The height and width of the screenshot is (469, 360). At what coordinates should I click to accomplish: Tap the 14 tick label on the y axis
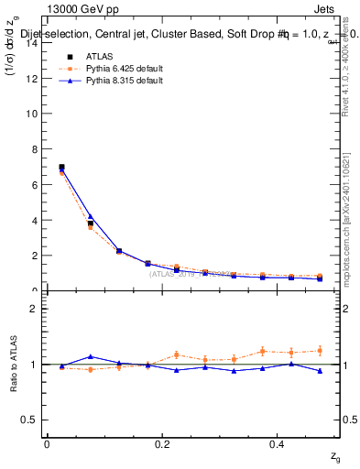coord(31,43)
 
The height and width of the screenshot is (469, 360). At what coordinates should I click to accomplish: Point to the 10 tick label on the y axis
coord(31,115)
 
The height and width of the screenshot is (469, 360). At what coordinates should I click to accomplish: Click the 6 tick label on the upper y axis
coord(34,185)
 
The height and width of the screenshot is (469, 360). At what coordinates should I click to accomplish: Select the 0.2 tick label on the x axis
coord(162,444)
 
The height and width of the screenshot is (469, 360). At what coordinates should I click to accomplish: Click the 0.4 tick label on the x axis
coord(278,444)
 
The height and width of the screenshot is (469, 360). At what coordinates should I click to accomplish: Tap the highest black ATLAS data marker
coord(61,168)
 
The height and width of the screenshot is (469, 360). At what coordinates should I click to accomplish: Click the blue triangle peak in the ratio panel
coord(91,356)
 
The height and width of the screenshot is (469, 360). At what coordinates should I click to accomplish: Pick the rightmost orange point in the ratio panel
coord(320,350)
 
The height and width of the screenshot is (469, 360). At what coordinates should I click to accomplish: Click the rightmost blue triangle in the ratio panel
coord(320,371)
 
